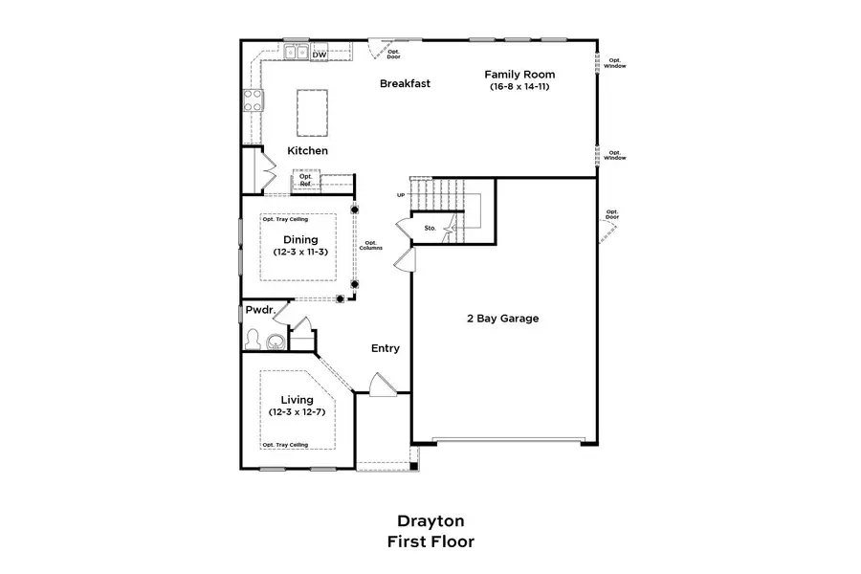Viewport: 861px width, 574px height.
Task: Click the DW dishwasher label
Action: tap(320, 55)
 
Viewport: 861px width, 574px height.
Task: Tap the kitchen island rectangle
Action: tap(313, 113)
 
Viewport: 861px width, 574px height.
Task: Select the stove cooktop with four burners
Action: tap(254, 100)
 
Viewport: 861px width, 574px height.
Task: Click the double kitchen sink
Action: tap(297, 53)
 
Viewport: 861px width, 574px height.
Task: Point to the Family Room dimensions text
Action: tap(519, 87)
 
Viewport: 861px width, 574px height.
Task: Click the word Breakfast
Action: tap(406, 83)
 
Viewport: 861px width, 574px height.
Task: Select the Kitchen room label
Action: tap(307, 150)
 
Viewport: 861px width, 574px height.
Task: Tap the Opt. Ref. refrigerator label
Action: tap(306, 180)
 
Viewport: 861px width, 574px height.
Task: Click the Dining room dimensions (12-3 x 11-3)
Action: tap(300, 253)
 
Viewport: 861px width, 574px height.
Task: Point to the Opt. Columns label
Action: tap(371, 246)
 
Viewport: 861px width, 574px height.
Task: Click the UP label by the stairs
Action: tap(401, 195)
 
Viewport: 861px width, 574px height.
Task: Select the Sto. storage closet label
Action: tap(430, 228)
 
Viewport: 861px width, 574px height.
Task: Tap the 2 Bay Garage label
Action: tap(503, 318)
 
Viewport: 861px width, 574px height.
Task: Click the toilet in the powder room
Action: tap(254, 339)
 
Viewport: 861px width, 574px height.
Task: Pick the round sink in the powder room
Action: tap(276, 342)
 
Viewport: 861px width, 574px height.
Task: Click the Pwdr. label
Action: tap(260, 310)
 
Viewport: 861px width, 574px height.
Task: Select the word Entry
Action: tap(386, 348)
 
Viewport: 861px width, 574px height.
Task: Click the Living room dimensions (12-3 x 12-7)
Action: tap(298, 412)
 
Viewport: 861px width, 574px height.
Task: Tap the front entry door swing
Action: tap(383, 385)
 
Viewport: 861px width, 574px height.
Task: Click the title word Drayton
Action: tap(430, 520)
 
